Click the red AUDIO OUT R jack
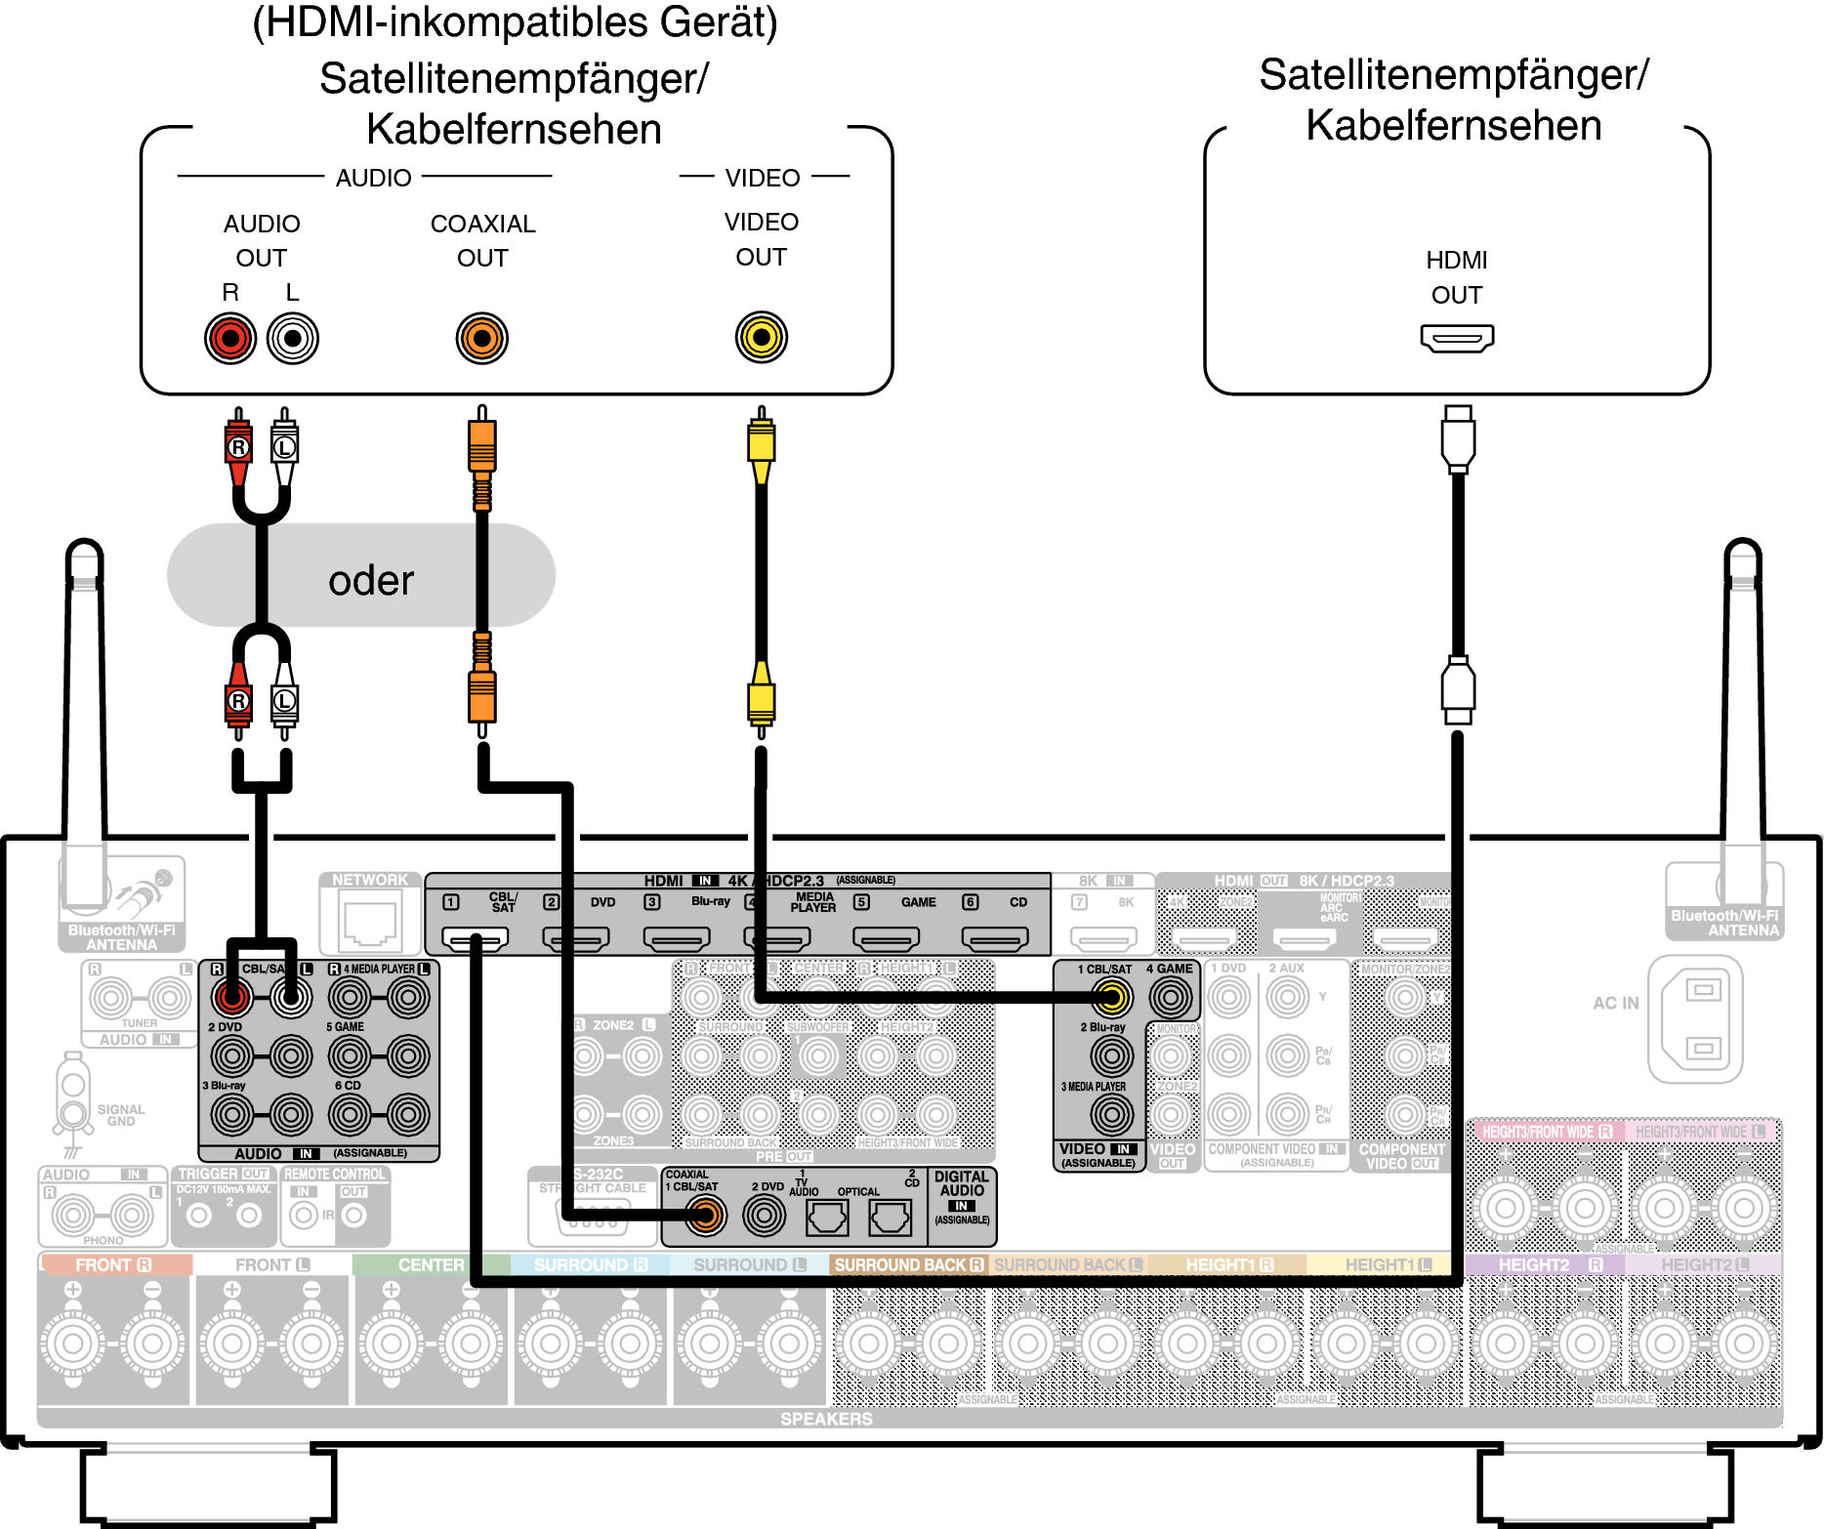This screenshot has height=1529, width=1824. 230,339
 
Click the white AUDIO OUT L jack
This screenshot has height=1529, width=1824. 292,339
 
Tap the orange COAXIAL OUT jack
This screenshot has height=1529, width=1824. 481,339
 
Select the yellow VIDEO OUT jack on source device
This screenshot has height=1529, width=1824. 761,338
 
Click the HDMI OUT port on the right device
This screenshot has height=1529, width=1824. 1456,339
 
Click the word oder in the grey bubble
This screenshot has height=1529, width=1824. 371,580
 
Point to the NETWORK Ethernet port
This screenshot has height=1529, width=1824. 370,924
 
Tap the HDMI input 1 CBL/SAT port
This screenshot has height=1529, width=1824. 475,939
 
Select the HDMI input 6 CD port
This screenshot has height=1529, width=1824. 995,939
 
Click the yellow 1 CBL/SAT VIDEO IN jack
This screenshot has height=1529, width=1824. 1110,997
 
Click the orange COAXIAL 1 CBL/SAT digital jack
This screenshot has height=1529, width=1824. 705,1216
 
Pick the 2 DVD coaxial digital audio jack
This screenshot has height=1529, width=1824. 764,1216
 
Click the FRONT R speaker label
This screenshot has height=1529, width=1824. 113,1264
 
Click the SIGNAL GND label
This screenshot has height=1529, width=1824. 121,1115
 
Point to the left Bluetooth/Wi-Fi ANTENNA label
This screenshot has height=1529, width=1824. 122,937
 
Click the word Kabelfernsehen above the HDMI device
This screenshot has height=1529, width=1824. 1453,125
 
